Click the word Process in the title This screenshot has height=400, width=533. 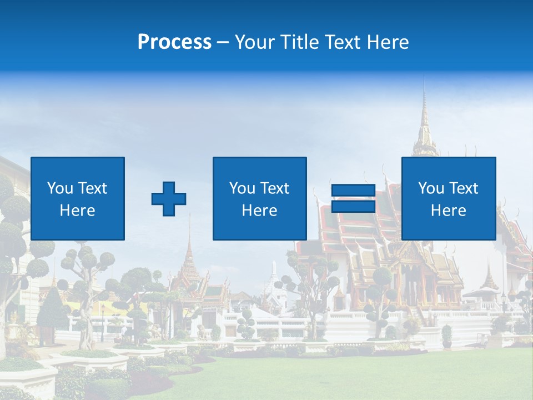click(174, 42)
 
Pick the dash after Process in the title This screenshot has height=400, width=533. click(223, 43)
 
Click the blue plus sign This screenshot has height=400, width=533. click(169, 198)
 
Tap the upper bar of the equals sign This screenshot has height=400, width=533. click(353, 191)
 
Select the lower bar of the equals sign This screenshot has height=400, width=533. click(353, 206)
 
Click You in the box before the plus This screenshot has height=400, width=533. click(60, 188)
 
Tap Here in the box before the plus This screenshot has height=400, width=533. click(78, 211)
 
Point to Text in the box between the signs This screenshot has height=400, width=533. click(275, 188)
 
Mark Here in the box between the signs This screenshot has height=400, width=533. click(260, 211)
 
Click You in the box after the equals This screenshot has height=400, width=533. click(431, 188)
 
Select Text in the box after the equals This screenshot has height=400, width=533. click(464, 188)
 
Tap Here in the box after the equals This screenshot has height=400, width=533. click(449, 211)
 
